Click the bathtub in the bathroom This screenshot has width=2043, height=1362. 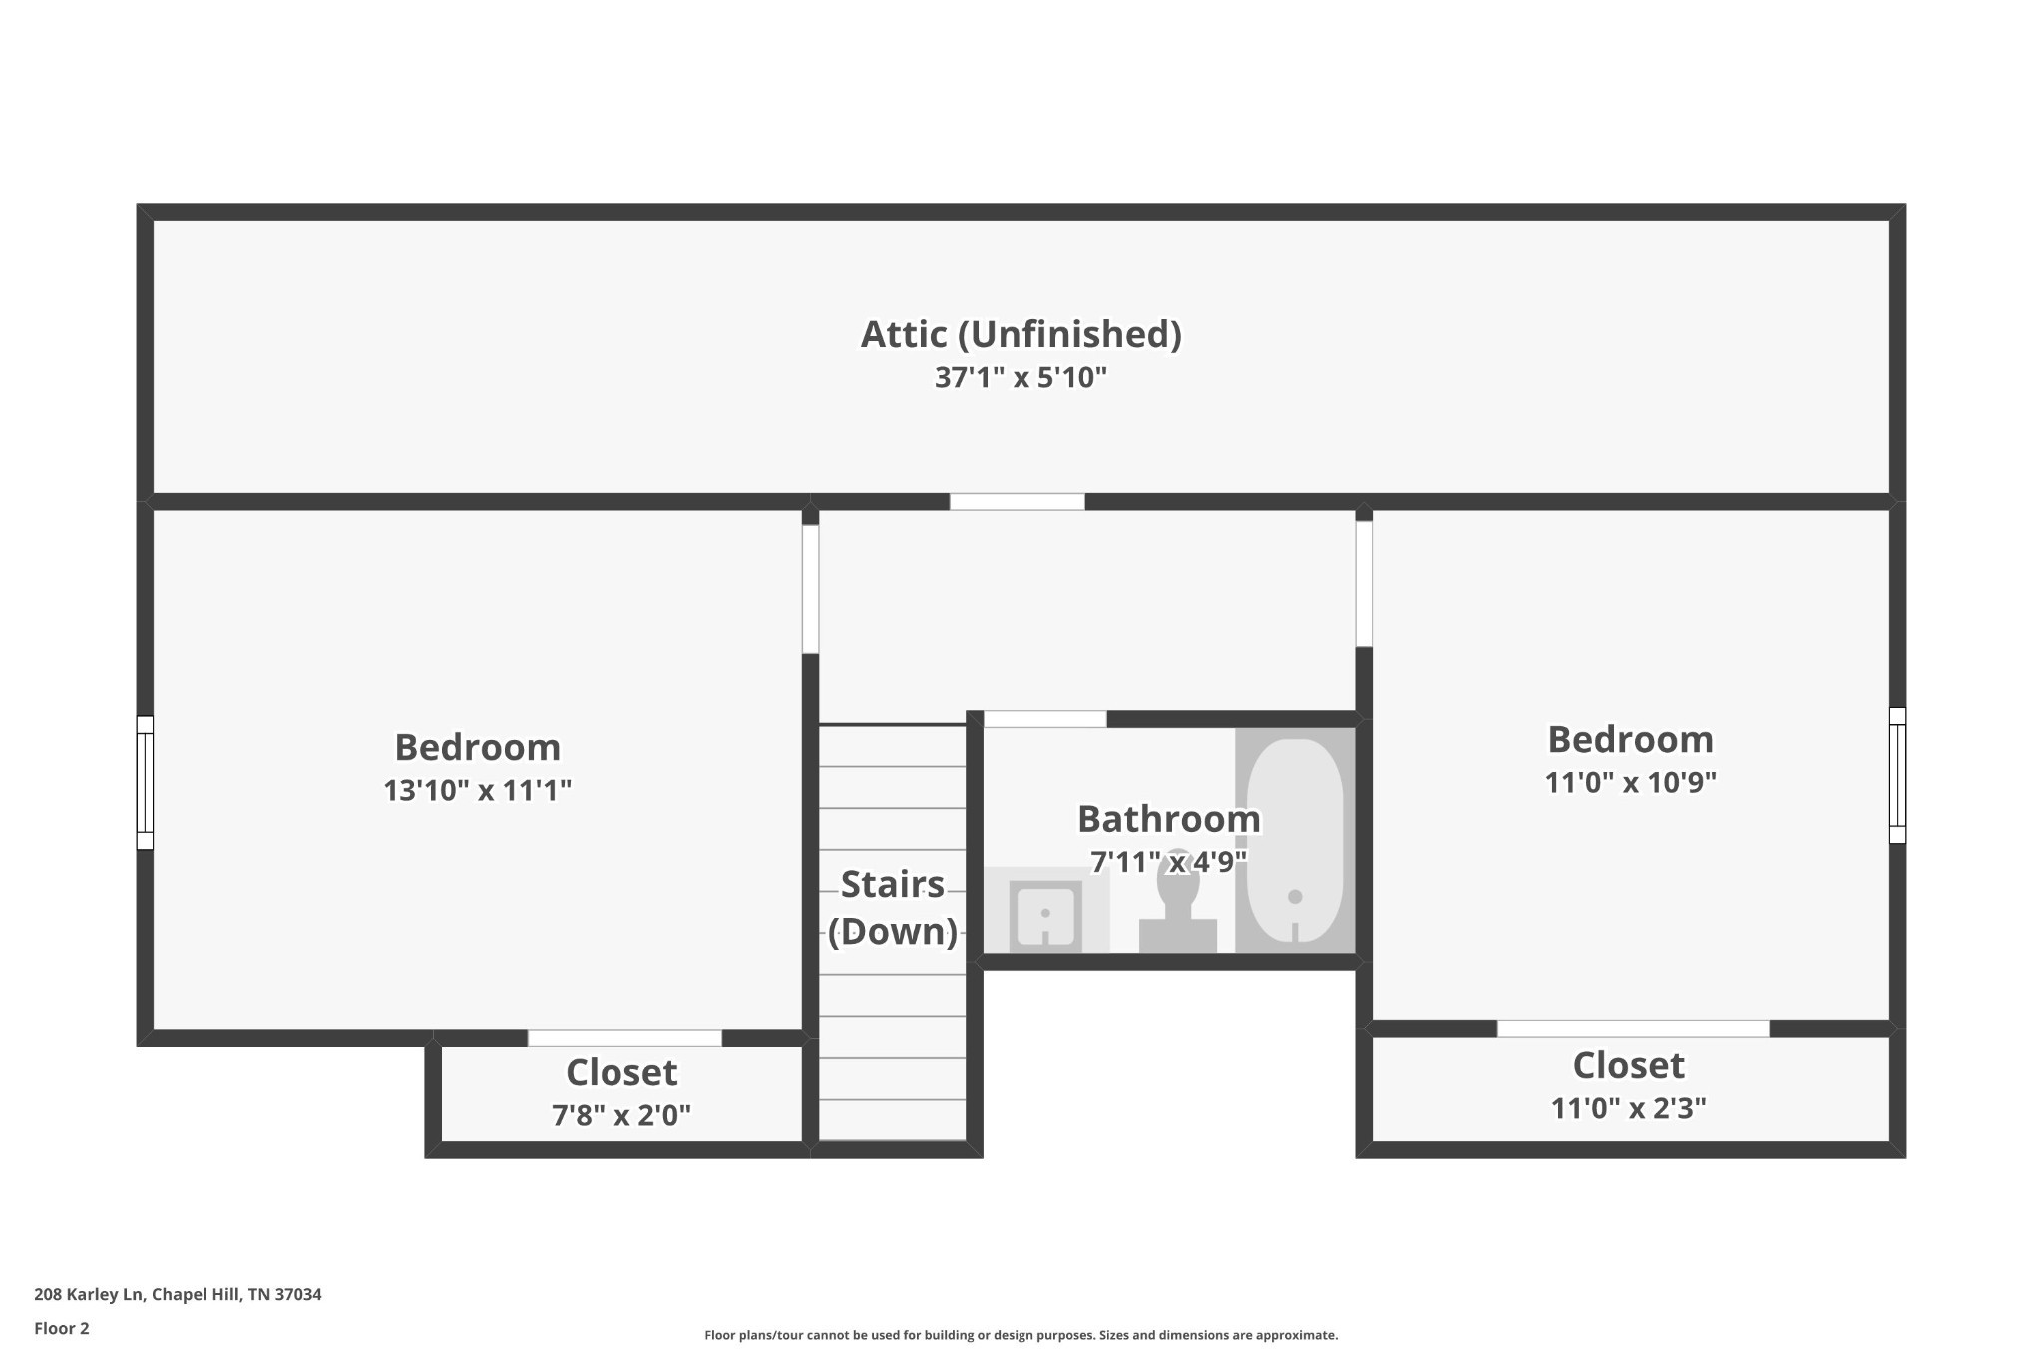[1295, 840]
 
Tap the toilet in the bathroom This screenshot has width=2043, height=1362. [1178, 903]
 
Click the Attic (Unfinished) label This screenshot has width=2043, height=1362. [1021, 334]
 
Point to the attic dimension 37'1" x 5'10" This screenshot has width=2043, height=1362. [1021, 378]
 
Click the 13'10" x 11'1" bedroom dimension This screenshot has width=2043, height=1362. [478, 791]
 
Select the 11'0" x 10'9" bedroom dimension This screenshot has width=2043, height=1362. [1631, 783]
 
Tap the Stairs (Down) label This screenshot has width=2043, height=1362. [893, 908]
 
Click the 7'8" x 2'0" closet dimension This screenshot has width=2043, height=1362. [621, 1115]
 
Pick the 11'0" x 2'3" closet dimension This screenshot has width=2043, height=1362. [1629, 1108]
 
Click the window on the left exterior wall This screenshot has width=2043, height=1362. [145, 783]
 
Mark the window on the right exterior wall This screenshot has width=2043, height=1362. [1897, 776]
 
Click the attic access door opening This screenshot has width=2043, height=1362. [1017, 502]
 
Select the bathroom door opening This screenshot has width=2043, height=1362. [1045, 719]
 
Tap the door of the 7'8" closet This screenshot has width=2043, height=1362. [624, 1038]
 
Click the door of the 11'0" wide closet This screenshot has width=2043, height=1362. [1633, 1029]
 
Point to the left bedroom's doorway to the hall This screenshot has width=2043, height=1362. [810, 589]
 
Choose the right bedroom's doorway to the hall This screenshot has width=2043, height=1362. [1364, 584]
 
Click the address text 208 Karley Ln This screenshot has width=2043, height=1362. [90, 1294]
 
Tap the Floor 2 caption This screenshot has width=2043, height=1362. [62, 1328]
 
